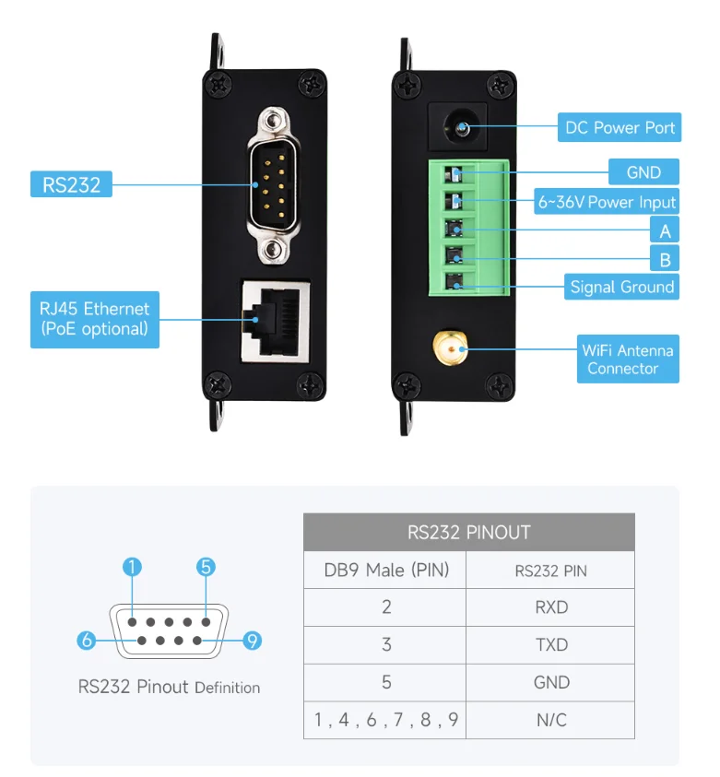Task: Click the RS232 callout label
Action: pyautogui.click(x=71, y=183)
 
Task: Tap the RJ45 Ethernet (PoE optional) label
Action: pyautogui.click(x=94, y=319)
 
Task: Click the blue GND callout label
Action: pyautogui.click(x=643, y=172)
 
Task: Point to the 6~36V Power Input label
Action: pyautogui.click(x=608, y=202)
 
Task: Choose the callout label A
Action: pyautogui.click(x=665, y=230)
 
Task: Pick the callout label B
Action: pyautogui.click(x=665, y=258)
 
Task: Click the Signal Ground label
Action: pyautogui.click(x=621, y=287)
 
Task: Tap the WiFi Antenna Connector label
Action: pyautogui.click(x=627, y=359)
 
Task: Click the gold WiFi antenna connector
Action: pyautogui.click(x=449, y=348)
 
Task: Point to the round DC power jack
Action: pyautogui.click(x=458, y=125)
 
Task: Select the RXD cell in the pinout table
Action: pyautogui.click(x=551, y=607)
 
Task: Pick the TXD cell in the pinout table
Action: pyautogui.click(x=551, y=645)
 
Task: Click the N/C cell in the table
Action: pyautogui.click(x=551, y=720)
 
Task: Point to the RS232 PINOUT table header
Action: pyautogui.click(x=468, y=532)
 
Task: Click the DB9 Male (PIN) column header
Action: pyautogui.click(x=386, y=571)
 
